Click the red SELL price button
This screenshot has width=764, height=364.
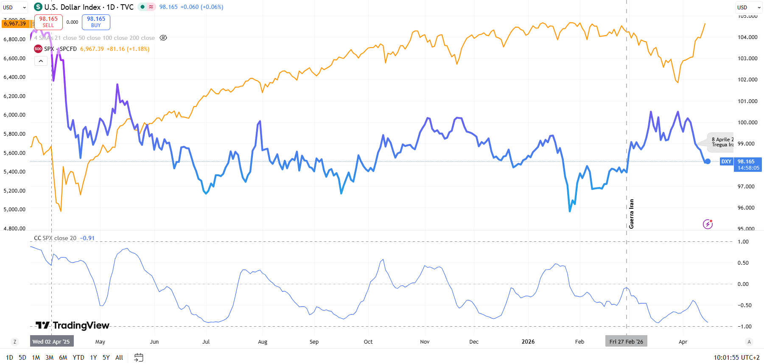48,22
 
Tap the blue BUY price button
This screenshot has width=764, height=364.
96,22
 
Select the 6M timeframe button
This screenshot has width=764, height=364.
63,358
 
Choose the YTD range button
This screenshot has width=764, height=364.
78,358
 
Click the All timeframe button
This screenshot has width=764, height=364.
119,358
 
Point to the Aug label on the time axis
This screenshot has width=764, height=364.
263,342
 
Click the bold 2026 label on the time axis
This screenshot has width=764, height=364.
528,342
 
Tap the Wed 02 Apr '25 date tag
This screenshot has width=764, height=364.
51,342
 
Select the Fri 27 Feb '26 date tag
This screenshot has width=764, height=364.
626,342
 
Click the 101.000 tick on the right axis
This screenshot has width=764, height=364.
747,101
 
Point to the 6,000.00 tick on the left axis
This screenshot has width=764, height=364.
14,115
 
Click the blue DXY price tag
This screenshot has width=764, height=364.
726,162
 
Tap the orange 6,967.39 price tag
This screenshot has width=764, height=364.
15,24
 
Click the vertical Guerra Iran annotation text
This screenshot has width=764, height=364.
631,214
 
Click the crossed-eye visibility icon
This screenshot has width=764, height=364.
163,38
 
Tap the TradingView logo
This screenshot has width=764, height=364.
73,325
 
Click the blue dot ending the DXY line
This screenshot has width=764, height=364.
708,161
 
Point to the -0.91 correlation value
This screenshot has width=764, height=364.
88,238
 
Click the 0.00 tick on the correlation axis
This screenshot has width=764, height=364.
743,284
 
